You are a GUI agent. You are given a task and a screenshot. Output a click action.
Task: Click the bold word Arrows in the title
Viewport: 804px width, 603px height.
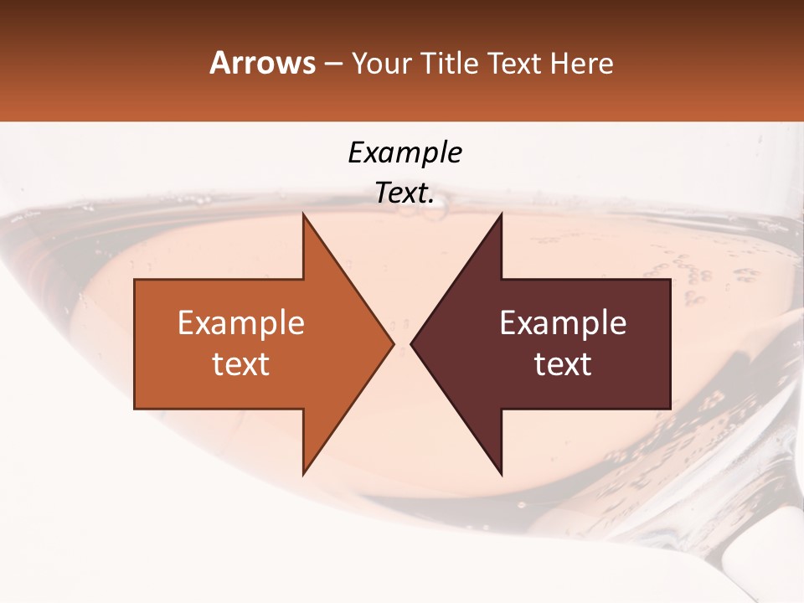(x=262, y=64)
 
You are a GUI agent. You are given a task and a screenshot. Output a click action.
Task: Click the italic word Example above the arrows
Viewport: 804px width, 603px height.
(x=405, y=153)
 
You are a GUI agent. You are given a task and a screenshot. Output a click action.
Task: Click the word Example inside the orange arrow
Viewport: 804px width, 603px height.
(x=241, y=323)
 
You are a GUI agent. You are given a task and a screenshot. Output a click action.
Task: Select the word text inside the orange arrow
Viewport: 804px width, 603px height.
(x=241, y=364)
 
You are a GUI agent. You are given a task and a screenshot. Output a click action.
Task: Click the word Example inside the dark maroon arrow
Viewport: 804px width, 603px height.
(x=563, y=323)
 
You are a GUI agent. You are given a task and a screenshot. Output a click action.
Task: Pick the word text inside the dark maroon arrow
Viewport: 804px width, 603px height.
(x=563, y=364)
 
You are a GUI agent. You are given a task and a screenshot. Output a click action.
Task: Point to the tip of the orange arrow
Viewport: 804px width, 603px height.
(x=393, y=343)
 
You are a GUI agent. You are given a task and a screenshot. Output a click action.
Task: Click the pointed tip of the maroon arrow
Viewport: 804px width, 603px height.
(x=411, y=343)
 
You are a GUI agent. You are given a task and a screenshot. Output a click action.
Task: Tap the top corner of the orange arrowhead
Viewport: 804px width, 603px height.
(x=303, y=214)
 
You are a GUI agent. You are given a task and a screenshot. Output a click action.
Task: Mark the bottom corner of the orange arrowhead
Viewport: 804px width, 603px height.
(x=303, y=474)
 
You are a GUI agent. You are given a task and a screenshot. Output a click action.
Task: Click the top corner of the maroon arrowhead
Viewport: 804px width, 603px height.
(x=501, y=214)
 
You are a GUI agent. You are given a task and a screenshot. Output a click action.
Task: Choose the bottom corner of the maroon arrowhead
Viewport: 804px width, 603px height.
(x=501, y=474)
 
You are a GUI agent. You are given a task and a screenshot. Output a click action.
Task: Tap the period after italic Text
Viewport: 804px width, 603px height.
(x=431, y=201)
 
